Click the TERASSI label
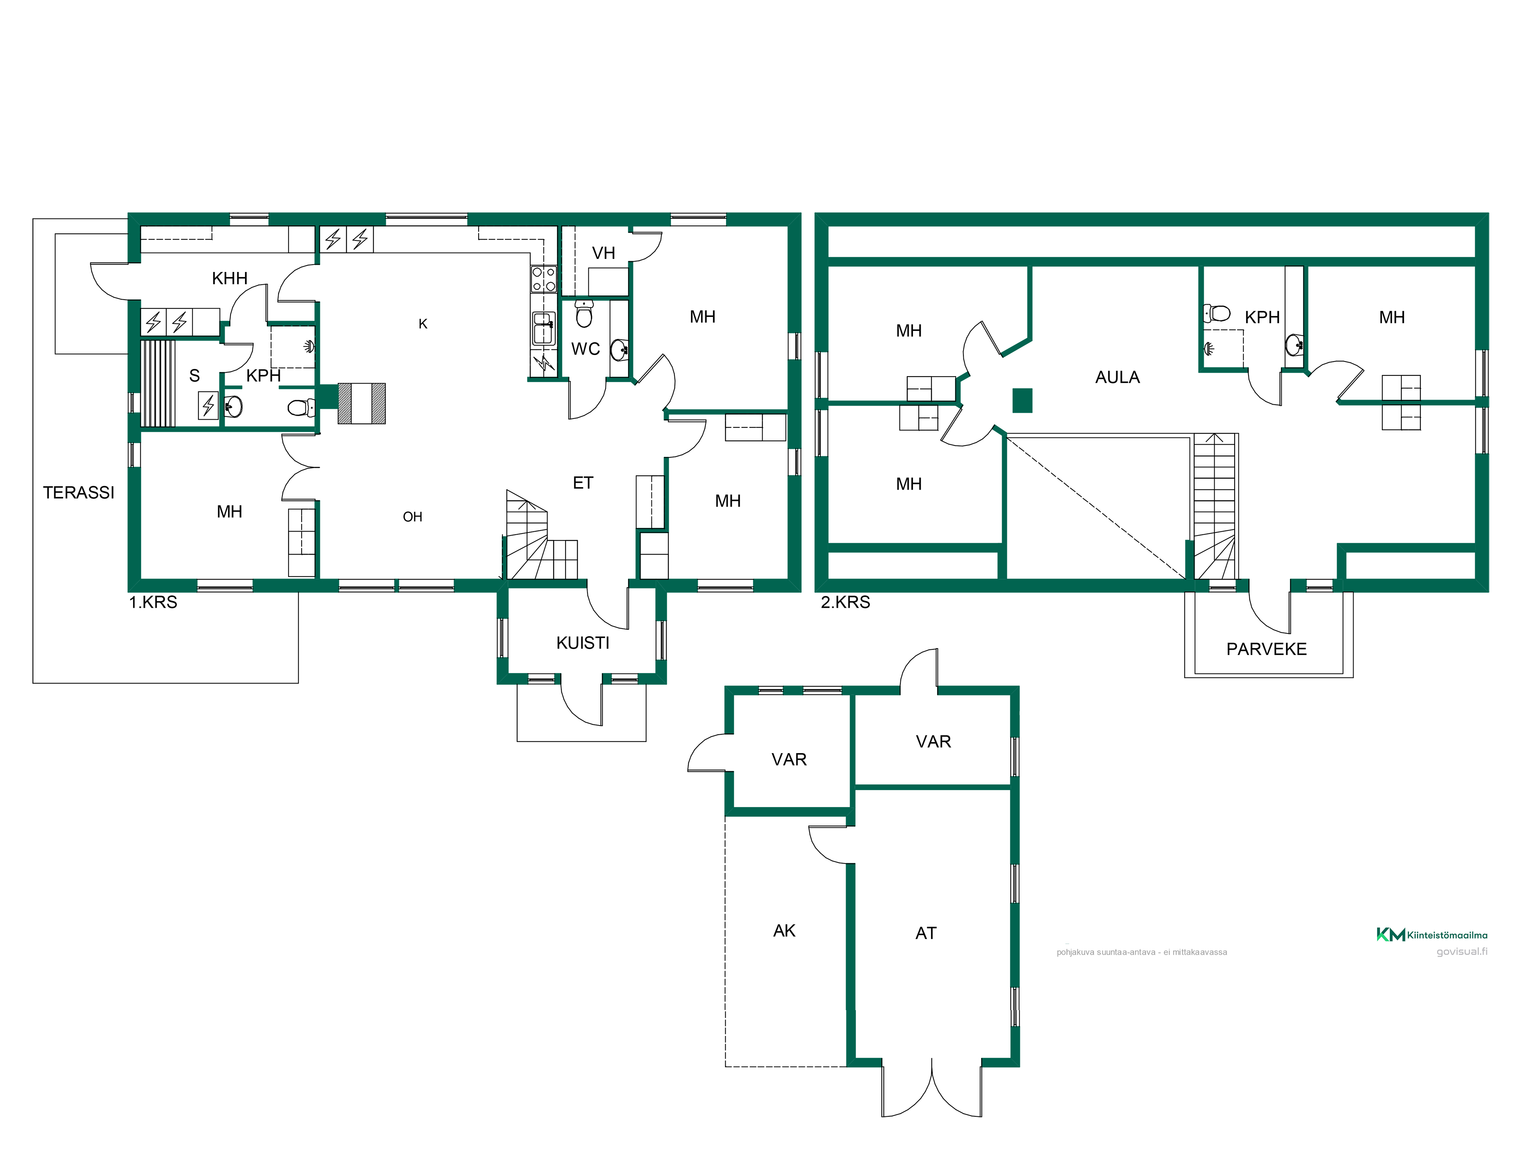78,492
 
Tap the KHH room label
230,278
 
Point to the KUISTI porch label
583,643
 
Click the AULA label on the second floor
1117,377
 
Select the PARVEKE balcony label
1266,649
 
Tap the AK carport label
784,931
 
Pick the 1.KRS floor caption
153,602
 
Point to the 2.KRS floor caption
845,602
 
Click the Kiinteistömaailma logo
1432,935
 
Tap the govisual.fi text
1462,952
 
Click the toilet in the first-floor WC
584,314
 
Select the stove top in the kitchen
543,279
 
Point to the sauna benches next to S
159,383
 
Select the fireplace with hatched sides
362,404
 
